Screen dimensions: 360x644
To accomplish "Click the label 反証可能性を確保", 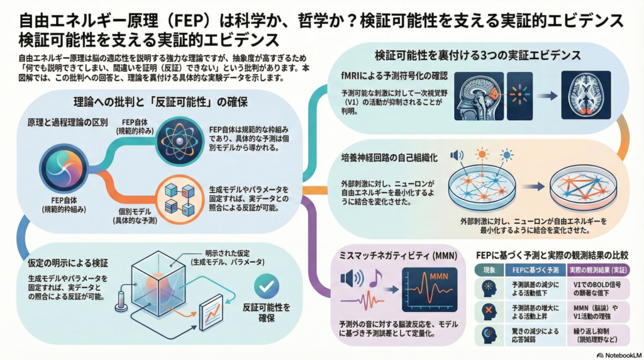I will tap(266, 313).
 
